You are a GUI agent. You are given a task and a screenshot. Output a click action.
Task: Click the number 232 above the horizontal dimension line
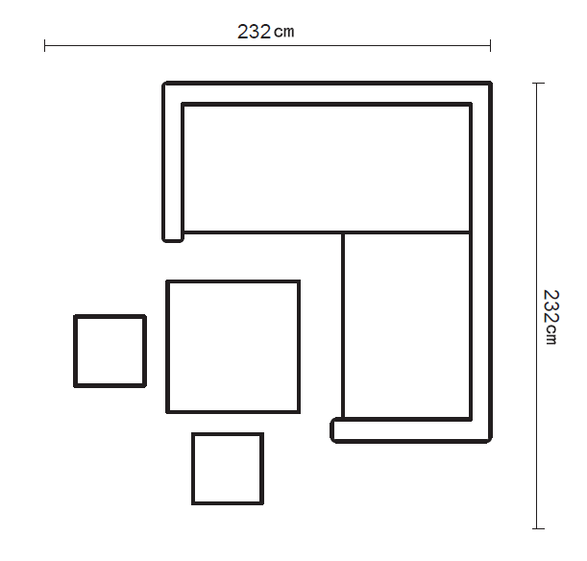(254, 32)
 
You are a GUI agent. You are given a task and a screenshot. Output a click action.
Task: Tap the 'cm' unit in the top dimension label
(284, 33)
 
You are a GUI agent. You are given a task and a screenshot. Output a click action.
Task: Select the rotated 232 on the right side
(551, 305)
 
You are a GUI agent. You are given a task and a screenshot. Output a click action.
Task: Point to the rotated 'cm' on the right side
(551, 334)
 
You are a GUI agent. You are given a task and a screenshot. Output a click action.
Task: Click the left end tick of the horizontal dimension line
(45, 45)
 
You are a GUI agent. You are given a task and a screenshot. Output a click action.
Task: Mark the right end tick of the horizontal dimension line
(490, 45)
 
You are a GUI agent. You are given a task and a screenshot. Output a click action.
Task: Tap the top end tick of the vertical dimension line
(538, 83)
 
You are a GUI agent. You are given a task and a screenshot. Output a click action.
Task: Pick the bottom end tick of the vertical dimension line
(538, 528)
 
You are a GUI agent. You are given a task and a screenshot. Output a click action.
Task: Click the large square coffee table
(232, 347)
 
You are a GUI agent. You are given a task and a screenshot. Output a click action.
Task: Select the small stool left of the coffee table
(110, 351)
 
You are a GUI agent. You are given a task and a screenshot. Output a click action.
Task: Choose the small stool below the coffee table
(228, 469)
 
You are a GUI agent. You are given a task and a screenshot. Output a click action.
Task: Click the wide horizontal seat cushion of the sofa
(327, 168)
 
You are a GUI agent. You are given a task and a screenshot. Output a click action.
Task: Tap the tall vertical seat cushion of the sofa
(406, 326)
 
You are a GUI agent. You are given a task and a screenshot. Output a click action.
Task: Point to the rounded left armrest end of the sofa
(173, 238)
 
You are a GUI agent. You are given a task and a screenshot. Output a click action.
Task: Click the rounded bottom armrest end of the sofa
(333, 429)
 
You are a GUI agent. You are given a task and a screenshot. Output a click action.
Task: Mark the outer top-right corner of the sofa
(491, 83)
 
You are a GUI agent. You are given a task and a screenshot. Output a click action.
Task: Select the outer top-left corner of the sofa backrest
(164, 83)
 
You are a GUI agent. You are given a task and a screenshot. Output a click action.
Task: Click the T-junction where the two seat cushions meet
(343, 232)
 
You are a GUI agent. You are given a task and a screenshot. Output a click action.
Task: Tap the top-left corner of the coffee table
(167, 281)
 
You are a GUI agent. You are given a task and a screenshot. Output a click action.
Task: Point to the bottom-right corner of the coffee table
(299, 412)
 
